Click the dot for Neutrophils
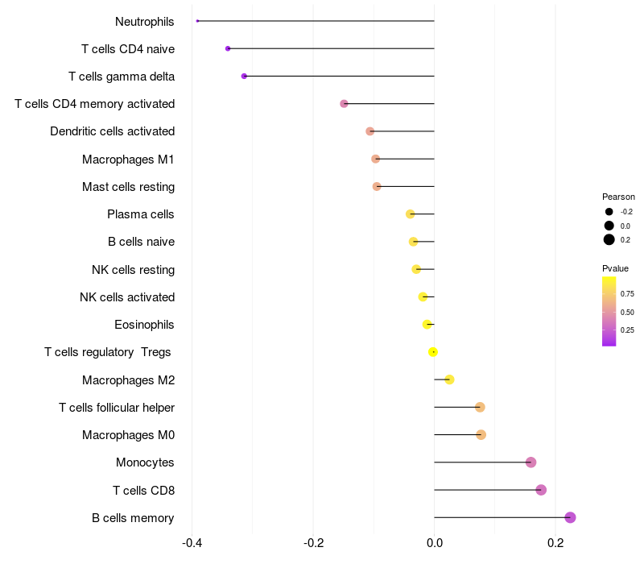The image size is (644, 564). pos(197,21)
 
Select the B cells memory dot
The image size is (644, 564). pos(570,517)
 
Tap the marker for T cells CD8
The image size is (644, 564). pos(541,490)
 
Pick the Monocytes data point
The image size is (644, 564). pos(531,462)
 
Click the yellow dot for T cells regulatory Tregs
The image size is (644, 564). pos(433,352)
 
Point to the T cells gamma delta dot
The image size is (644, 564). pos(244,76)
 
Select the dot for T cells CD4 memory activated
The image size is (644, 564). pos(345,104)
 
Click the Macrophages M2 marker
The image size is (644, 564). pos(450,379)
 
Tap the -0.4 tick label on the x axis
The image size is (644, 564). pos(192,543)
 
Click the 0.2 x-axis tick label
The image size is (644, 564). pos(555,543)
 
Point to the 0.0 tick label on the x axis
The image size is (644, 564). pos(435,543)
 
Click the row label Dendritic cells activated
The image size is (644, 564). pos(113,131)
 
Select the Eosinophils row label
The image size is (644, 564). pos(144,325)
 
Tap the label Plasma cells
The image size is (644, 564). pos(140,214)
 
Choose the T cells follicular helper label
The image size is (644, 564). pos(117,408)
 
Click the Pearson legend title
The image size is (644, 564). pos(618,197)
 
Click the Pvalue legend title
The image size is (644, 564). pos(615,268)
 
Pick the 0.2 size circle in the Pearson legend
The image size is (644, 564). pos(609,239)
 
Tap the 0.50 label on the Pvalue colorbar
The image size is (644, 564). pos(627,313)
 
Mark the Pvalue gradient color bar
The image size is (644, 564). pos(609,312)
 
